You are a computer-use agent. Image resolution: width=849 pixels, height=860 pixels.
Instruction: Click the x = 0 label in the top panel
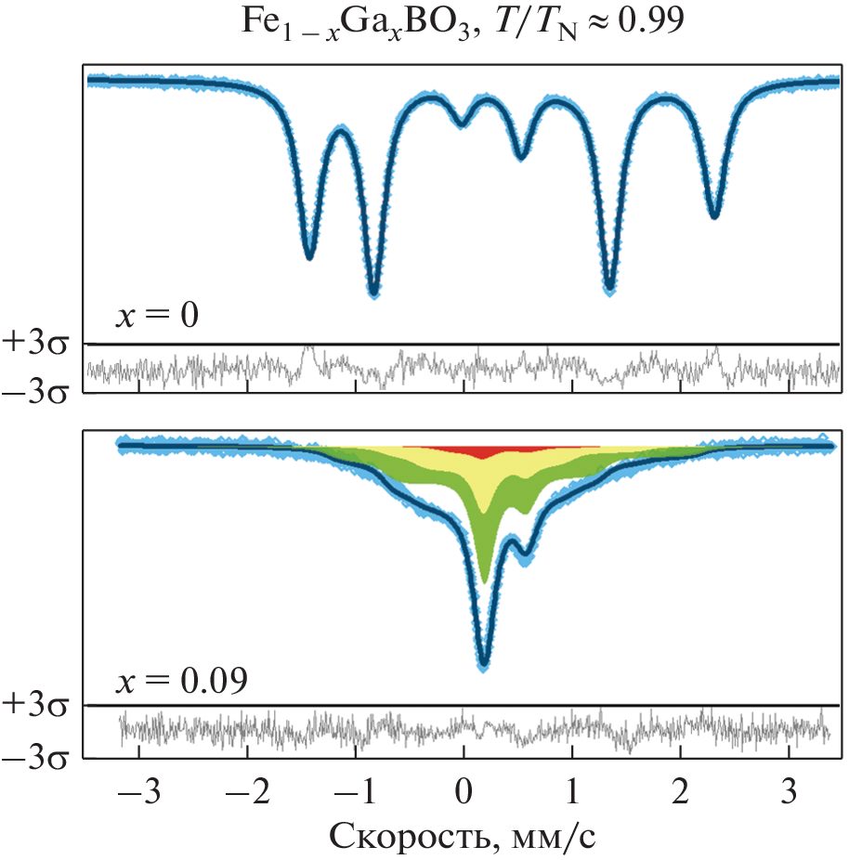(157, 316)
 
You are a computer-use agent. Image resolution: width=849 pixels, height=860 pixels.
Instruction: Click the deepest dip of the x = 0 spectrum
(373, 292)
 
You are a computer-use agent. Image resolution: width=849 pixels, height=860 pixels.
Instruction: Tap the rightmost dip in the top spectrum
(714, 215)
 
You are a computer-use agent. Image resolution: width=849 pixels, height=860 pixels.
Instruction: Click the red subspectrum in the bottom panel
(483, 451)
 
